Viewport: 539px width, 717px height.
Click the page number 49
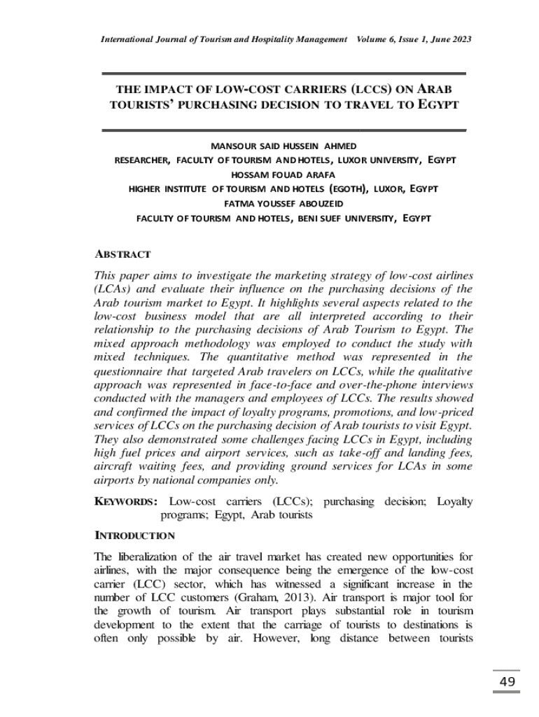508,683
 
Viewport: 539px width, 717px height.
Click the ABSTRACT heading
122,254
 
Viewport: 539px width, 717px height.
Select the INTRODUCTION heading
134,536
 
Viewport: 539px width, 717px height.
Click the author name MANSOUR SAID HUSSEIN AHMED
283,146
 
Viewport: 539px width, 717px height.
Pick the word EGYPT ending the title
438,105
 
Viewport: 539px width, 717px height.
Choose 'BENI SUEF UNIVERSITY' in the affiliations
344,218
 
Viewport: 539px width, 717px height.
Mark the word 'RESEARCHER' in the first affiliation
142,160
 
